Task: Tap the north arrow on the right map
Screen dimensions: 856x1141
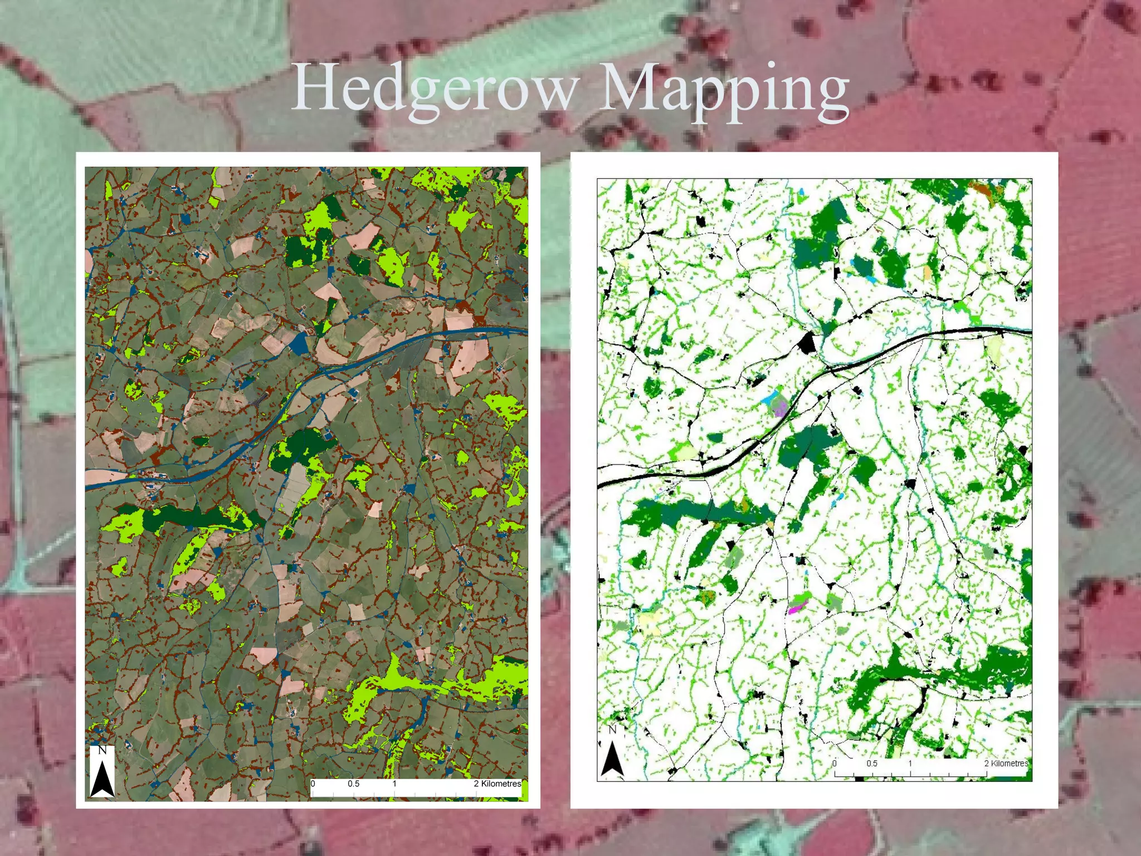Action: pos(612,758)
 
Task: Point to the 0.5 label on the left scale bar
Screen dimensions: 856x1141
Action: pos(353,784)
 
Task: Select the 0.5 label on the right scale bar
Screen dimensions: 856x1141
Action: pos(871,763)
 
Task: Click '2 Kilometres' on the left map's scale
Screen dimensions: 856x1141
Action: pos(497,784)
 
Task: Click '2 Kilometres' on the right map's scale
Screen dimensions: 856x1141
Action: pos(1006,763)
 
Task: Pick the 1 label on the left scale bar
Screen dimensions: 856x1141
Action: pos(394,784)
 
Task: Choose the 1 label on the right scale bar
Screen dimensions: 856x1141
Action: pos(910,763)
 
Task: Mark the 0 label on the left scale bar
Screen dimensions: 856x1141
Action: pos(313,784)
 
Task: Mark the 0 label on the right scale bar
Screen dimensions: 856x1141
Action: pos(835,763)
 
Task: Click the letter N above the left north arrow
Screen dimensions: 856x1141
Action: pos(102,750)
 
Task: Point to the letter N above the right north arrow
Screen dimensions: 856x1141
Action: pos(612,729)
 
